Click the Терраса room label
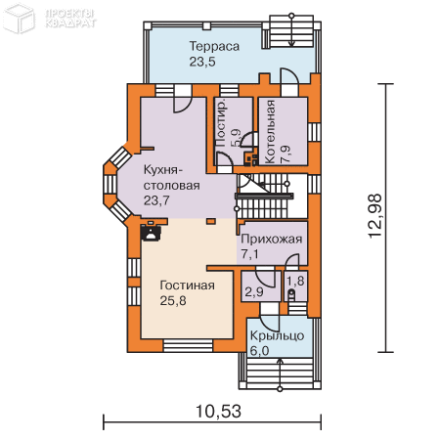(214, 46)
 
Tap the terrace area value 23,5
(202, 62)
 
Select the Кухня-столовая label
(171, 178)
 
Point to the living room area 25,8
(173, 300)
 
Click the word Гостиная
(188, 286)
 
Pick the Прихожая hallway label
(272, 239)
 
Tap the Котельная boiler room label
(270, 132)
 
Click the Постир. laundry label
(221, 123)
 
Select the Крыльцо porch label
(277, 335)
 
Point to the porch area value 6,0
(259, 351)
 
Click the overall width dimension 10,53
(218, 412)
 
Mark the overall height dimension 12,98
(374, 216)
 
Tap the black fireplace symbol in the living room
(151, 232)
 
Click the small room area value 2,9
(254, 292)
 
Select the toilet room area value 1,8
(295, 281)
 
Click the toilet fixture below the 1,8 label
(291, 294)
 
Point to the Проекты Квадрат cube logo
(19, 19)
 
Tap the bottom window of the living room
(188, 345)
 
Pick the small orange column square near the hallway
(211, 222)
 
